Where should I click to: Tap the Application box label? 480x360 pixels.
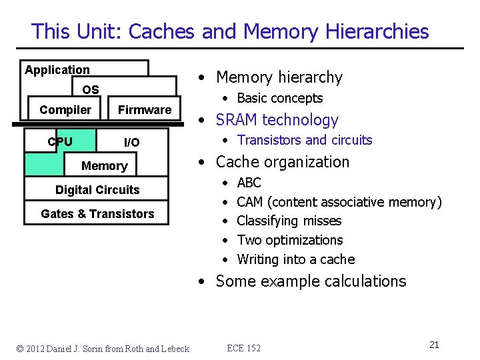57,70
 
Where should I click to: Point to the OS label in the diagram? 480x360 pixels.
91,90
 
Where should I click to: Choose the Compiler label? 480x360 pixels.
65,110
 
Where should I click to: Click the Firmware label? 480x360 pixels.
145,110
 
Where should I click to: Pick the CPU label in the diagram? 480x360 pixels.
60,141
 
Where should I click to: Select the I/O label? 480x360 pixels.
132,143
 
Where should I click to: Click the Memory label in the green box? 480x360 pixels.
104,166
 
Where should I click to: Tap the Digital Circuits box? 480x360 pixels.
97,190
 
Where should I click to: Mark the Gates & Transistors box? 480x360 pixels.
97,214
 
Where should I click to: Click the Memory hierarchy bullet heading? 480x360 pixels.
279,78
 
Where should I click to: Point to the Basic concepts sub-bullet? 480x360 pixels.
279,99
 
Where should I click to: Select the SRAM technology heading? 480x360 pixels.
277,120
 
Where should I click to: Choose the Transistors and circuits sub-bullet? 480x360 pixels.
304,140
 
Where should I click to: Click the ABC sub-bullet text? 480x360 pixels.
249,183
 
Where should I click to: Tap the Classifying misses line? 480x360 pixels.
289,221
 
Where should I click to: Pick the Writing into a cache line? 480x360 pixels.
295,259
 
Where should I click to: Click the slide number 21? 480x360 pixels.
434,345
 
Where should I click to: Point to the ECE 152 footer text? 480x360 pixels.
244,348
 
